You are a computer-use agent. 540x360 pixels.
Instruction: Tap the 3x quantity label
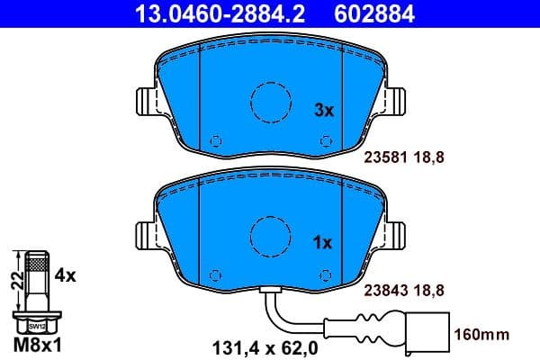(x=322, y=111)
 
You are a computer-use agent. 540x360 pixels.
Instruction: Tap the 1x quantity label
(x=322, y=242)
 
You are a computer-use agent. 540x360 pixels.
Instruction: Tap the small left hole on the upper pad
(x=214, y=141)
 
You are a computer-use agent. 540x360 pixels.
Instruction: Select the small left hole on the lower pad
(x=214, y=274)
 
